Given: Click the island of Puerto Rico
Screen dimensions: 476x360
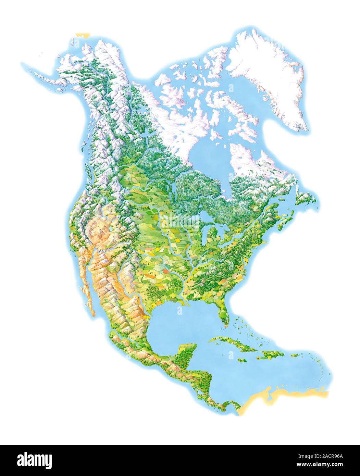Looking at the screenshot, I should click(x=294, y=355).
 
